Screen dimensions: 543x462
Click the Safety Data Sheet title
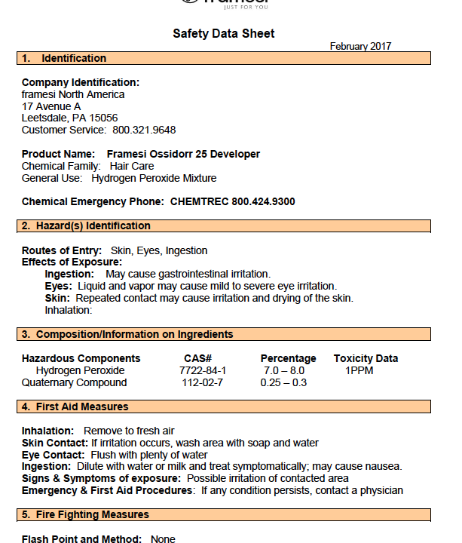click(224, 33)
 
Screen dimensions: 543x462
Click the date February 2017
click(360, 47)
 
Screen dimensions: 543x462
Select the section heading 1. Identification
click(64, 58)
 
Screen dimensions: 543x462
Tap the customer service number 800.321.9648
click(144, 130)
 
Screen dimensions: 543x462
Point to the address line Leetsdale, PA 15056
click(69, 118)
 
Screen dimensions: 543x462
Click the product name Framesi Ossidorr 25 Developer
click(183, 154)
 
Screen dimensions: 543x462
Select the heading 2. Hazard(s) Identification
click(86, 225)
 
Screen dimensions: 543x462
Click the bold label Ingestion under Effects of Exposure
click(69, 274)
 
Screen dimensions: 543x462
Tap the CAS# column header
click(197, 358)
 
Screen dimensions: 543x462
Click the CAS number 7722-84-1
click(202, 370)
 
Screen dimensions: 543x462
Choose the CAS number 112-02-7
click(202, 382)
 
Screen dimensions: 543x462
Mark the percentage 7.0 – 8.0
click(283, 370)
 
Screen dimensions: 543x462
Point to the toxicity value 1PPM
click(360, 370)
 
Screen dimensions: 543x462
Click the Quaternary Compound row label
click(74, 382)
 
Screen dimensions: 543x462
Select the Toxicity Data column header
click(366, 358)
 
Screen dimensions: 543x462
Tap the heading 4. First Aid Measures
click(75, 406)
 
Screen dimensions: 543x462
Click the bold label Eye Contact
click(54, 455)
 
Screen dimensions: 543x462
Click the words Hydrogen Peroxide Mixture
click(154, 178)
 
